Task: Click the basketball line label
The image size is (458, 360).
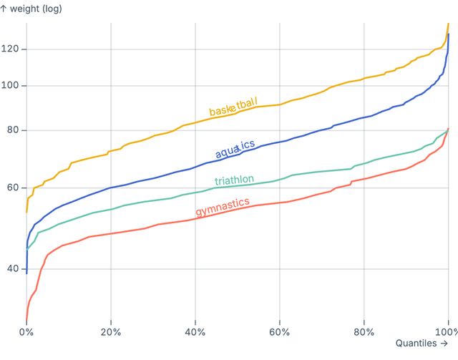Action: [x=233, y=107]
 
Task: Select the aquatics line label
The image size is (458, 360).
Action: [x=235, y=149]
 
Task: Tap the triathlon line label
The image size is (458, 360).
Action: [x=234, y=179]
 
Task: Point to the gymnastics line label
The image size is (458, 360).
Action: [x=223, y=207]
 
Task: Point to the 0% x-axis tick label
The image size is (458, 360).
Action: [x=26, y=332]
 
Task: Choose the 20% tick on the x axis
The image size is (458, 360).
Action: [x=111, y=332]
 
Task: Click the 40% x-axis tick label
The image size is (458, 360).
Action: [x=195, y=332]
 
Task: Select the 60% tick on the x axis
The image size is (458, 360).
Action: [x=280, y=332]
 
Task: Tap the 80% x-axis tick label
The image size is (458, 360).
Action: [x=364, y=332]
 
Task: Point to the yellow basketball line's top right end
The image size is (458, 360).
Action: [x=448, y=24]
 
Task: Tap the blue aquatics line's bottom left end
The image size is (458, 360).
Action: [x=26, y=273]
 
